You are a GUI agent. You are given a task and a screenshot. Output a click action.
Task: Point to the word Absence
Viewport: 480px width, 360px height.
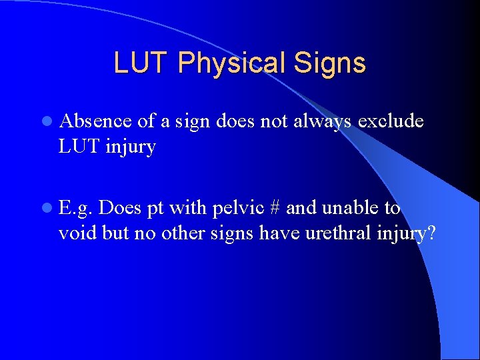95,121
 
